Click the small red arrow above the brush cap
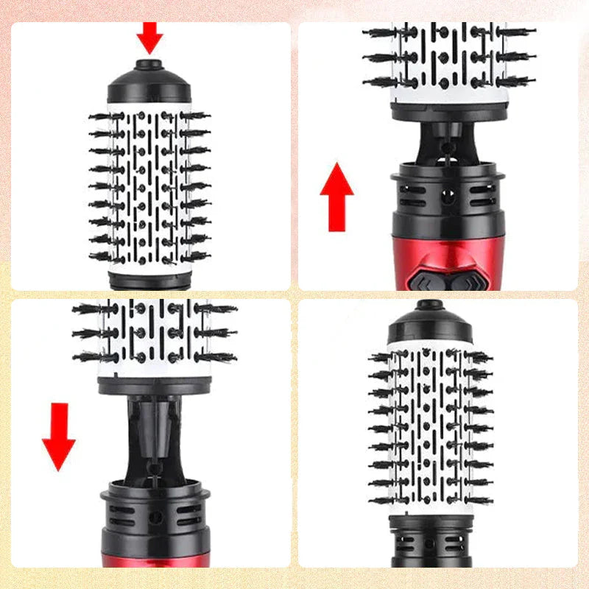pos(149,36)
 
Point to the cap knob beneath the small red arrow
pos(149,65)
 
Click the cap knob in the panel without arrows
pos(429,304)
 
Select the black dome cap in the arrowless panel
pos(430,324)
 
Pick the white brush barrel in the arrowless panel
pos(430,427)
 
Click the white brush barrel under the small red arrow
pos(149,188)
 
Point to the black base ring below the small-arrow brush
pos(149,280)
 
